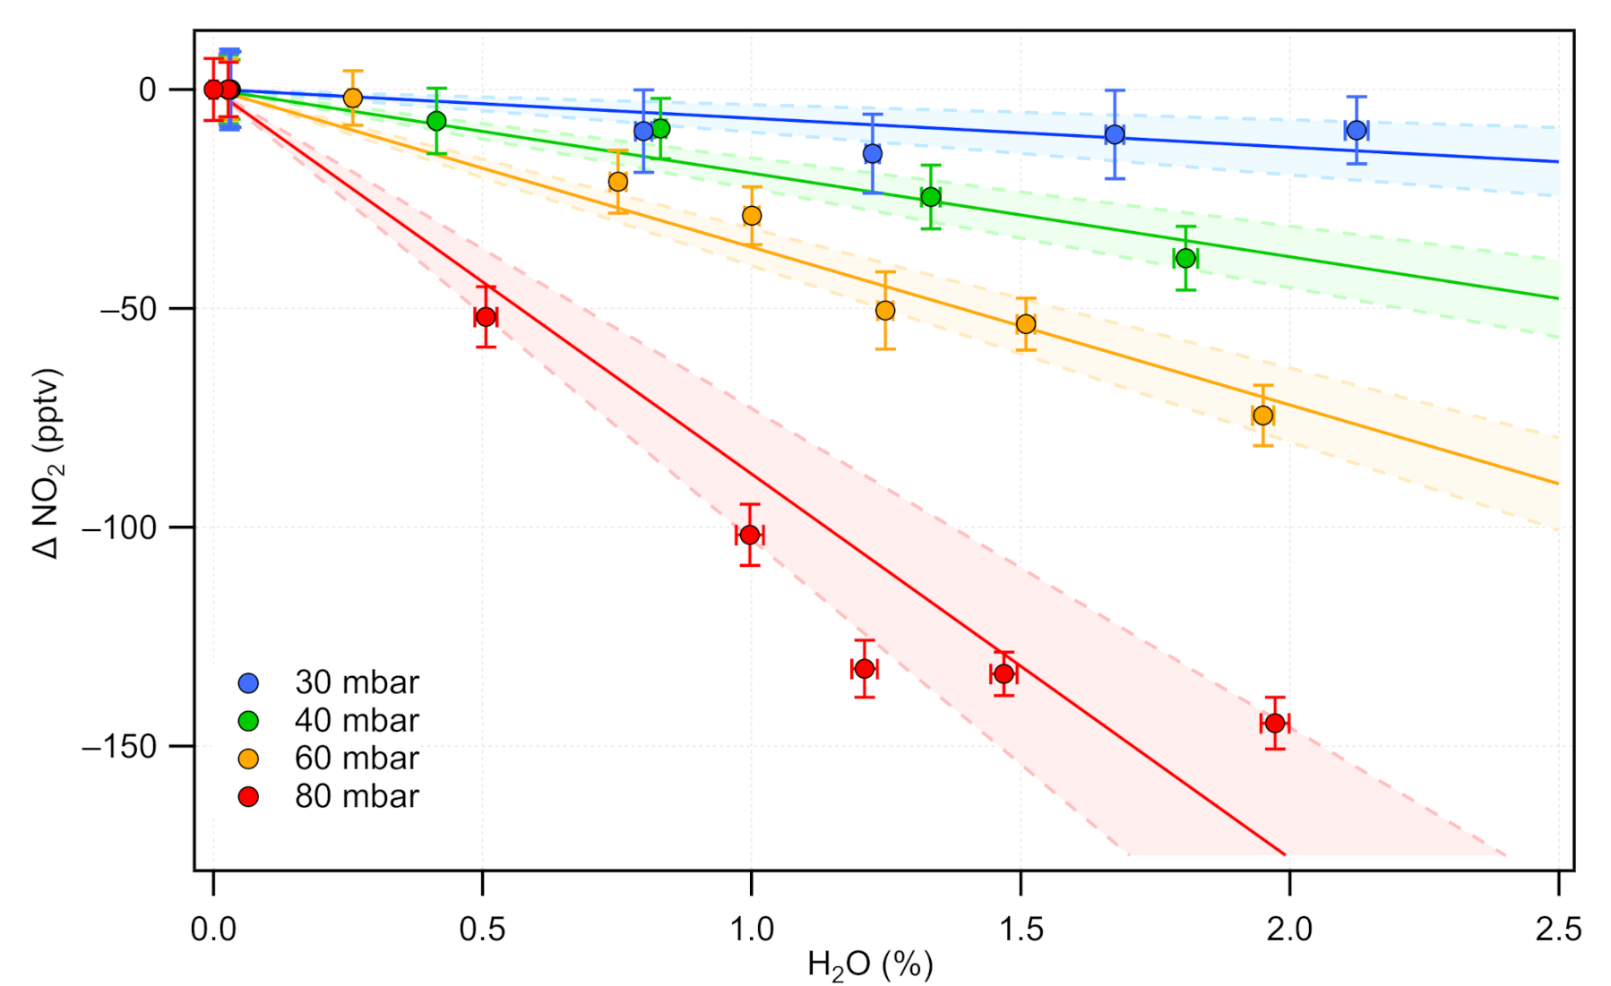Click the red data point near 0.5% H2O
click(x=486, y=317)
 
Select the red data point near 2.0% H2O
click(x=1275, y=723)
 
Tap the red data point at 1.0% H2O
click(x=750, y=535)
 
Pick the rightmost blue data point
click(x=1357, y=130)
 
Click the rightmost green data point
click(x=1185, y=258)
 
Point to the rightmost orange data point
click(x=1262, y=416)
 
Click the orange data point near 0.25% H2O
click(x=353, y=98)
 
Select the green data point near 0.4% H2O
click(x=436, y=121)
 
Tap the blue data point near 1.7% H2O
click(x=1115, y=134)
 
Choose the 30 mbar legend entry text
click(x=357, y=682)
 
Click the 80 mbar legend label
click(x=357, y=796)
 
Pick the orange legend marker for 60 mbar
click(x=248, y=759)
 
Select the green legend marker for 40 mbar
click(x=248, y=721)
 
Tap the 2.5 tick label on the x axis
click(x=1558, y=930)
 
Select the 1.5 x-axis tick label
click(x=1021, y=930)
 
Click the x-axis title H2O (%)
click(x=870, y=965)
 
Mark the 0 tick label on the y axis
click(x=148, y=90)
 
